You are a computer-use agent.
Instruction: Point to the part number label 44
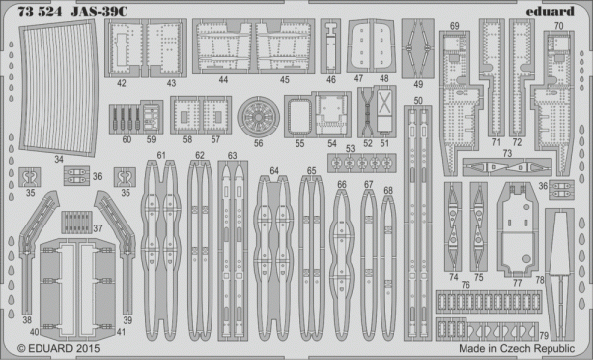pyautogui.click(x=224, y=80)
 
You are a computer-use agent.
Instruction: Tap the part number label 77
pyautogui.click(x=517, y=282)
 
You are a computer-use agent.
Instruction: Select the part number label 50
pyautogui.click(x=418, y=100)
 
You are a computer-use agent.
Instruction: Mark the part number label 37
pyautogui.click(x=98, y=227)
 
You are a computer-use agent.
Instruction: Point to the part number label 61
pyautogui.click(x=161, y=155)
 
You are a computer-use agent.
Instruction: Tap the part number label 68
pyautogui.click(x=387, y=190)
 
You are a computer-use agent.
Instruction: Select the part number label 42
pyautogui.click(x=121, y=84)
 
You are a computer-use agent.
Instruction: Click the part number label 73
pyautogui.click(x=506, y=152)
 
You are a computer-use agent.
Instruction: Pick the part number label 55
pyautogui.click(x=299, y=143)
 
